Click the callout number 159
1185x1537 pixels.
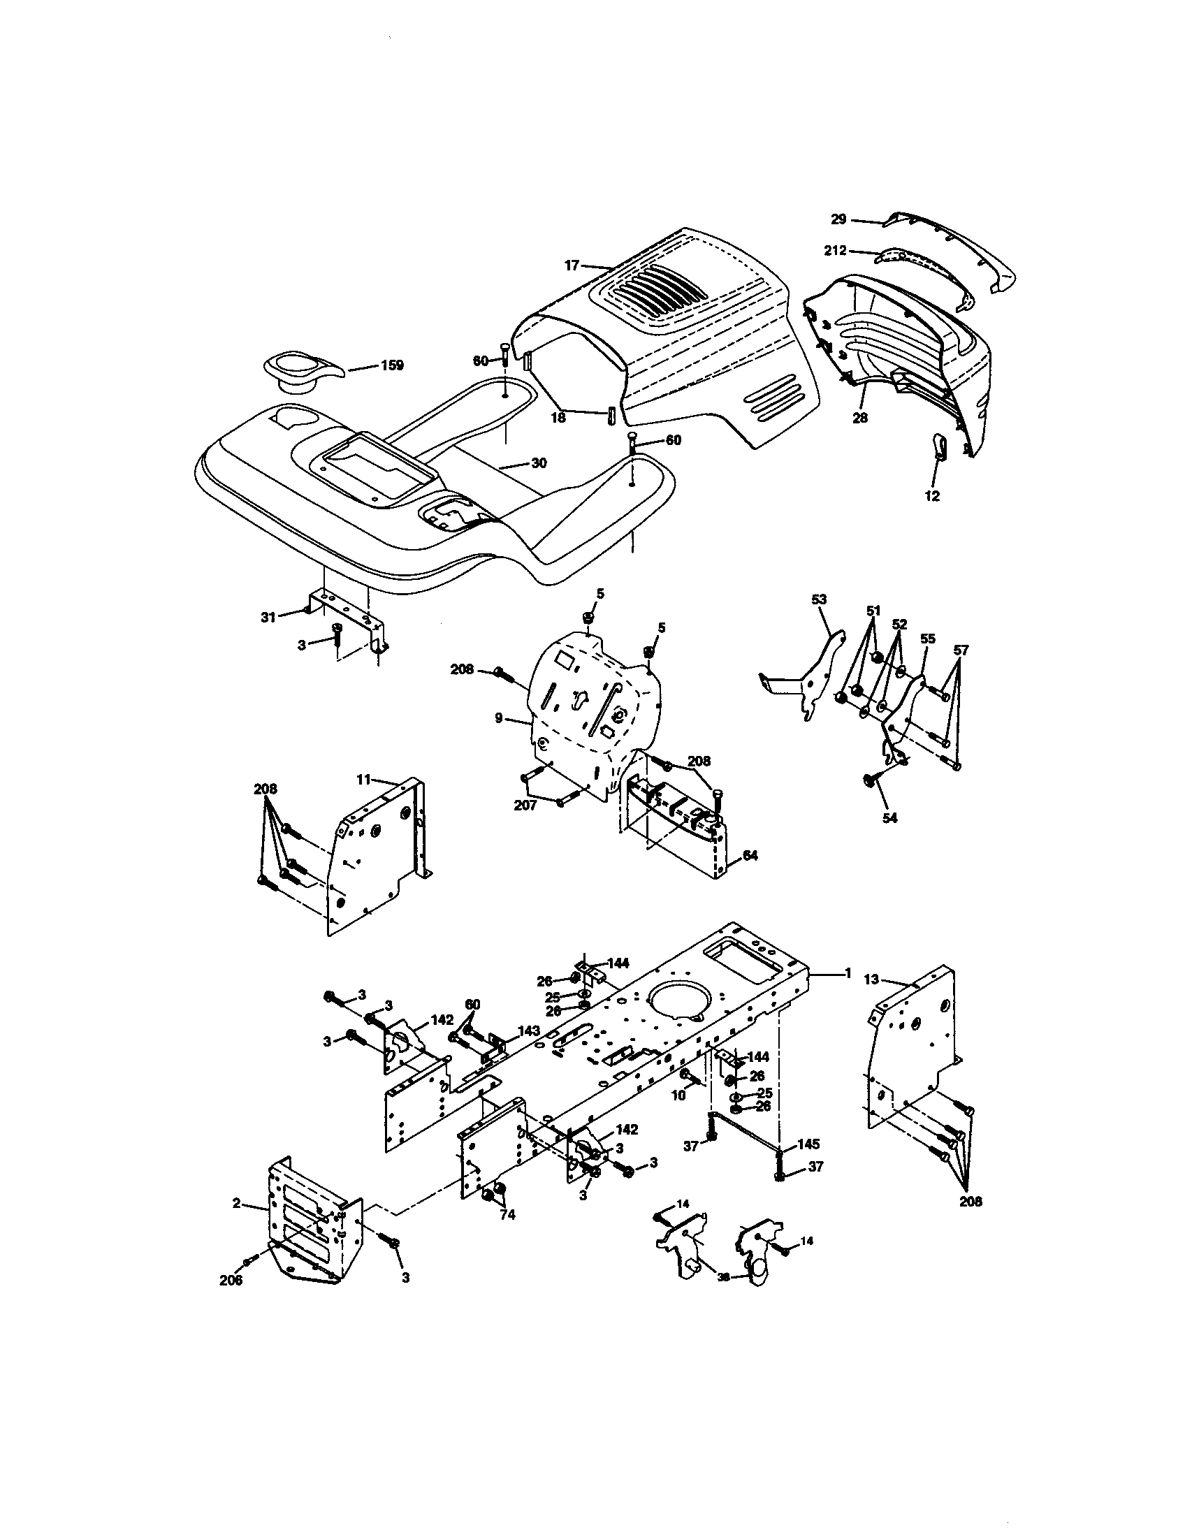point(391,365)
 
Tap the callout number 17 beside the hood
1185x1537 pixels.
point(572,265)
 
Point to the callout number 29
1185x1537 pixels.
point(838,219)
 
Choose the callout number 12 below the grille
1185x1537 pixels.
point(931,495)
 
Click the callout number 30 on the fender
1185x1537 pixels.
point(538,463)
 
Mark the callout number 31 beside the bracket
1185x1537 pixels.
point(268,617)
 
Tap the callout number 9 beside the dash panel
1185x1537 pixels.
point(499,718)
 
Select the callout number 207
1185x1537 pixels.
point(525,805)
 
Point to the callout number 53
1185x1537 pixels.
point(819,599)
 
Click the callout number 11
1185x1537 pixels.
point(363,779)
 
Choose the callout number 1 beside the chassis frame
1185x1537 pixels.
point(849,973)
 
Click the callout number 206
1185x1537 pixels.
point(231,1280)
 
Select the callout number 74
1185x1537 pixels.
point(507,1216)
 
